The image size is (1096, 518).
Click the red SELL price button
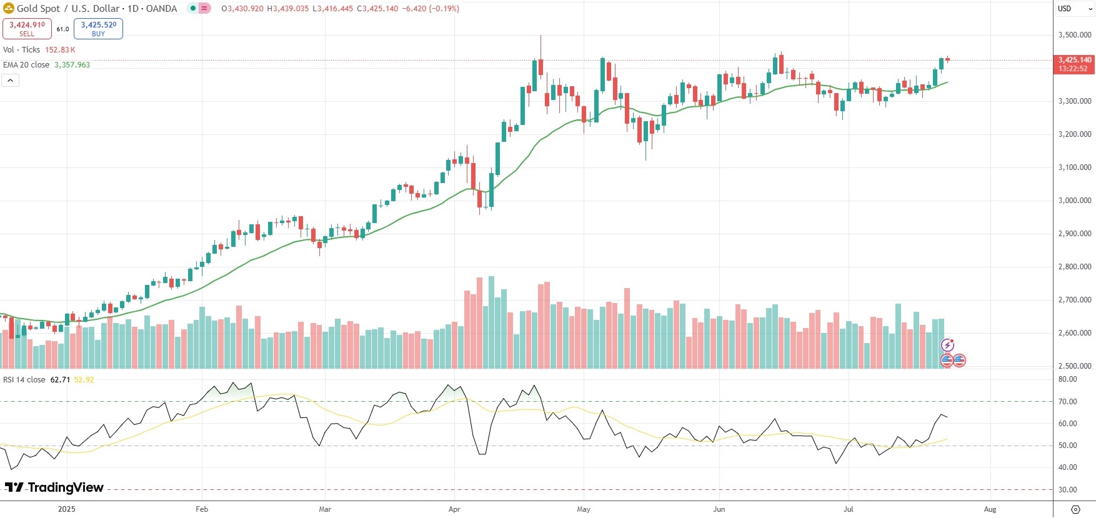click(x=27, y=29)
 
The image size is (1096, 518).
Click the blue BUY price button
click(x=98, y=29)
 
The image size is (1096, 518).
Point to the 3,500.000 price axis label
click(x=1075, y=35)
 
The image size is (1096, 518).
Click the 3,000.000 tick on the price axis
click(x=1075, y=201)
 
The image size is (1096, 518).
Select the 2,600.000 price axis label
click(x=1075, y=333)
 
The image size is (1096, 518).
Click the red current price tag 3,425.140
click(x=1074, y=61)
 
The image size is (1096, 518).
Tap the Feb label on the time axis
click(x=202, y=509)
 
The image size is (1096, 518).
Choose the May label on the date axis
click(x=584, y=509)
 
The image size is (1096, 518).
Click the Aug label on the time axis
click(x=990, y=509)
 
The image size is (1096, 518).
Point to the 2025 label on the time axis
click(x=66, y=509)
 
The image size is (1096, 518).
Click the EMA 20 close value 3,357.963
click(x=72, y=65)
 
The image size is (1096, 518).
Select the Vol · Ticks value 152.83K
click(x=60, y=50)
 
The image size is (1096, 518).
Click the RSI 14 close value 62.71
click(x=60, y=380)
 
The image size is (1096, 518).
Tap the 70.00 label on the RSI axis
click(x=1068, y=402)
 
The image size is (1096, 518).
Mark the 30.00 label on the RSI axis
click(x=1068, y=490)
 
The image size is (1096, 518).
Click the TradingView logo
click(x=54, y=487)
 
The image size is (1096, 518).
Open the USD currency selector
click(x=1065, y=9)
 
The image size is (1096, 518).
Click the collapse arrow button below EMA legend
click(x=11, y=80)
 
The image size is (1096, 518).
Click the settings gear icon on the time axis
click(x=1075, y=509)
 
